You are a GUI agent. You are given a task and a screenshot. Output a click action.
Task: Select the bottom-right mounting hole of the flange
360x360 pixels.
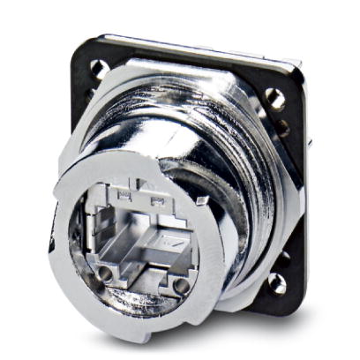(279, 281)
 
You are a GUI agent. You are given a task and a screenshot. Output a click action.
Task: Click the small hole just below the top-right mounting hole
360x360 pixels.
(281, 127)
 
